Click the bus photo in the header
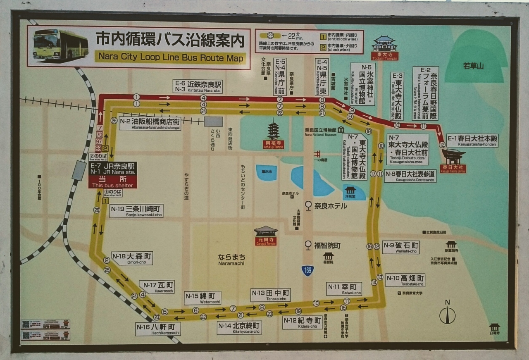60,44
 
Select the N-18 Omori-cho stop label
132,258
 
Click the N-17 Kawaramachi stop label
157,286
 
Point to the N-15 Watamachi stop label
203,298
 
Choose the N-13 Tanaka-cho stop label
270,295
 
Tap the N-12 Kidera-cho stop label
302,322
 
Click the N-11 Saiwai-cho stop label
344,288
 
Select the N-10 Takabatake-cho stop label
405,280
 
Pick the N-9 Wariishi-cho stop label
401,247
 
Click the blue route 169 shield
307,271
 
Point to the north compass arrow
447,314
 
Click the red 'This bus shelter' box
112,182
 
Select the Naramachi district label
231,259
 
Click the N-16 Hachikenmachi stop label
158,329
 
